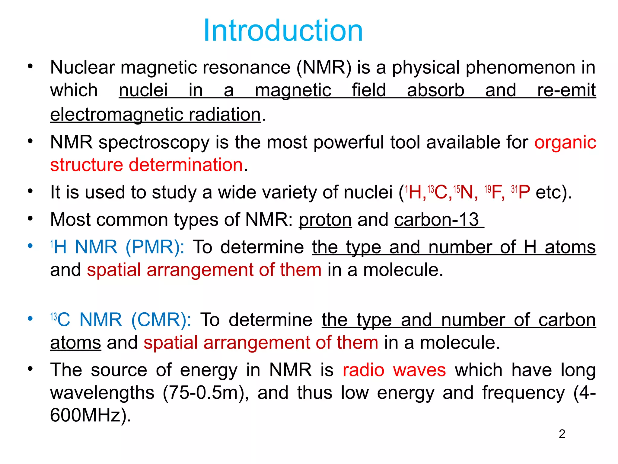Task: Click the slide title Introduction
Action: pyautogui.click(x=283, y=31)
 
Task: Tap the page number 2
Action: pyautogui.click(x=562, y=434)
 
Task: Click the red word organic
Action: pyautogui.click(x=565, y=142)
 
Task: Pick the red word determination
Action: pyautogui.click(x=186, y=165)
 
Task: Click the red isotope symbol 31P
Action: pyautogui.click(x=521, y=192)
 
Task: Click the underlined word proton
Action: pyautogui.click(x=325, y=220)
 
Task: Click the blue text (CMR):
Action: pyautogui.click(x=161, y=320)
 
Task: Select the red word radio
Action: pyautogui.click(x=363, y=370)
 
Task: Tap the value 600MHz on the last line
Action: pyautogui.click(x=85, y=415)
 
